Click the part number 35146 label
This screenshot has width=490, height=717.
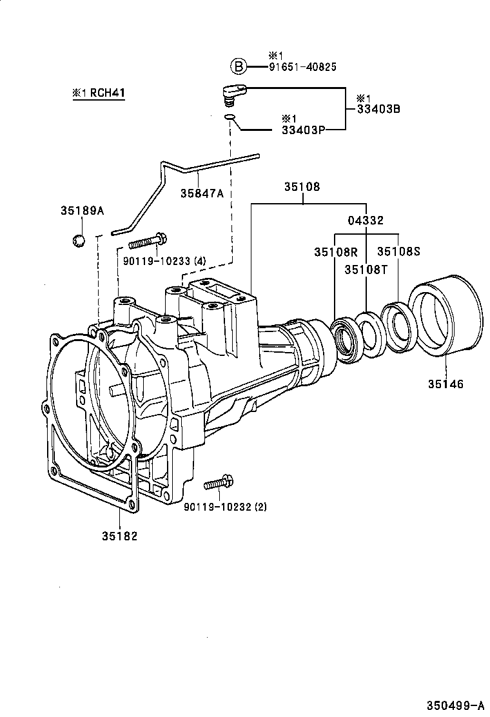coord(445,384)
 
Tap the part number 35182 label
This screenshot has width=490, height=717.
coord(119,535)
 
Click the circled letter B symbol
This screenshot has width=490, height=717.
coord(239,66)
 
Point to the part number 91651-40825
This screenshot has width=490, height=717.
coord(303,66)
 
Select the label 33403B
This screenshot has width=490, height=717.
coord(378,109)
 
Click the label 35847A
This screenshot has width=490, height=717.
coord(202,193)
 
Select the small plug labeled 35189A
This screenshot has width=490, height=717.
coord(79,241)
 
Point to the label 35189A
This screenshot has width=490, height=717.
coord(82,210)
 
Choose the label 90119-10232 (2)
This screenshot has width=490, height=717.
coord(225,507)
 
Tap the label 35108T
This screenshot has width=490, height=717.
coord(366,269)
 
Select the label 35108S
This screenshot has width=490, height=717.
coord(398,251)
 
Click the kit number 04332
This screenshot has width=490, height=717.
coord(366,221)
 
